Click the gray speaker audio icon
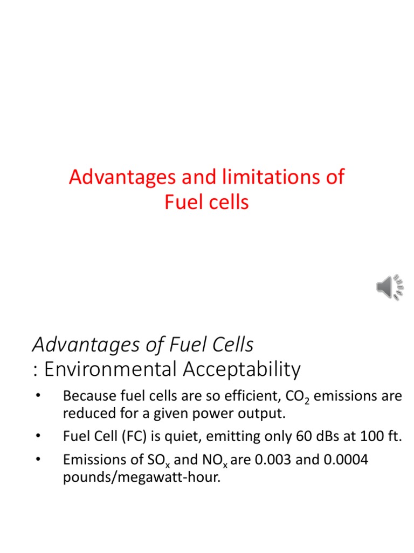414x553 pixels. [x=389, y=287]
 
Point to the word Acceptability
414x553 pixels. [x=242, y=369]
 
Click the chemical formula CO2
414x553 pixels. [x=294, y=397]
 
